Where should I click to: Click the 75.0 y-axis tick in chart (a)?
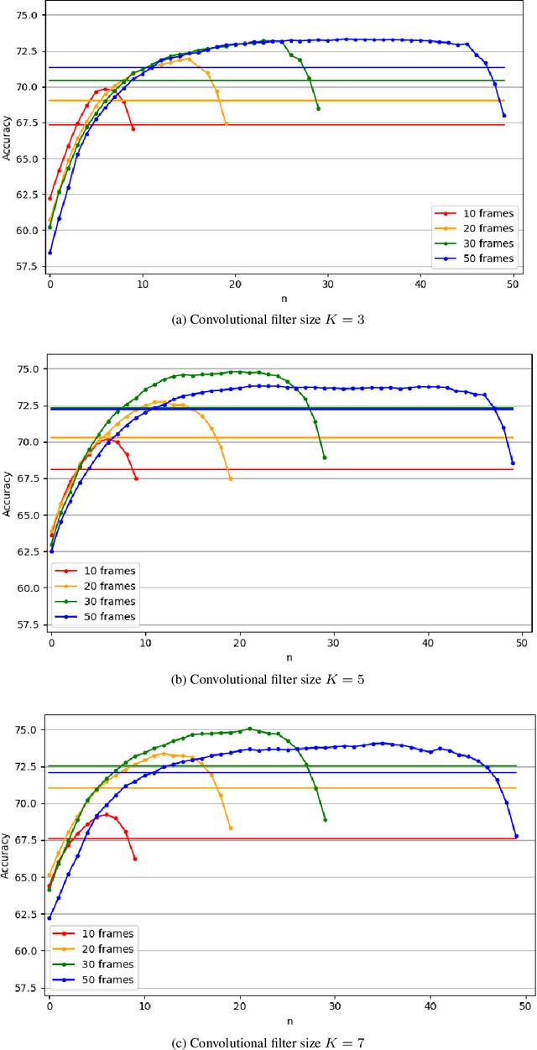click(25, 15)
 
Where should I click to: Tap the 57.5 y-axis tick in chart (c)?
click(25, 988)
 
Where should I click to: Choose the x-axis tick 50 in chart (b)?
click(521, 643)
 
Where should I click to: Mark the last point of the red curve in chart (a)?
click(133, 128)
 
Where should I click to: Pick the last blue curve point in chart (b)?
click(513, 463)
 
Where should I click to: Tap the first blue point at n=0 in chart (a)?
click(50, 252)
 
